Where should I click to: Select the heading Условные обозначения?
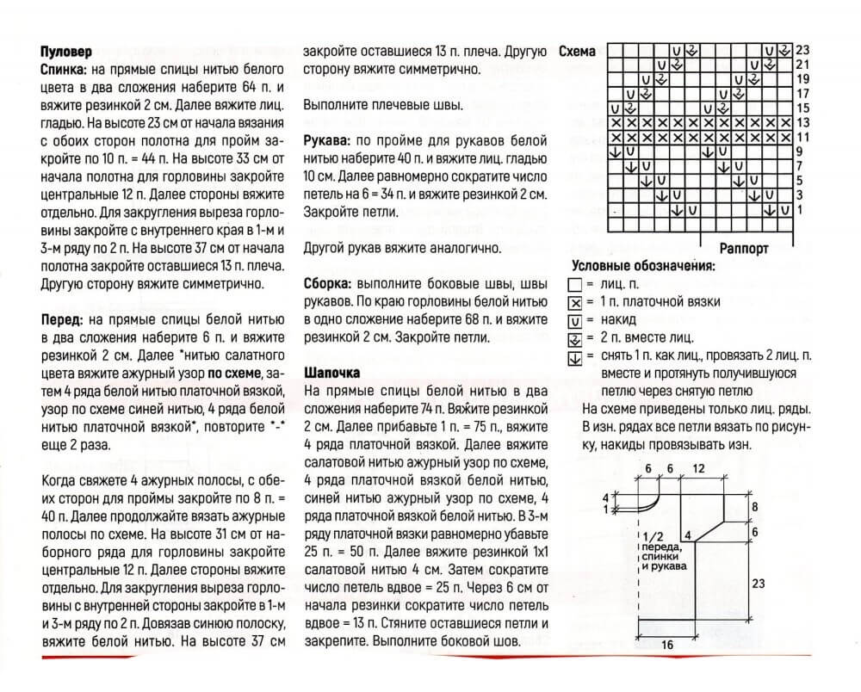[x=644, y=267]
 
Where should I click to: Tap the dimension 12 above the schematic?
[x=697, y=467]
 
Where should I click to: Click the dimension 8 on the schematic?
[x=755, y=507]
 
